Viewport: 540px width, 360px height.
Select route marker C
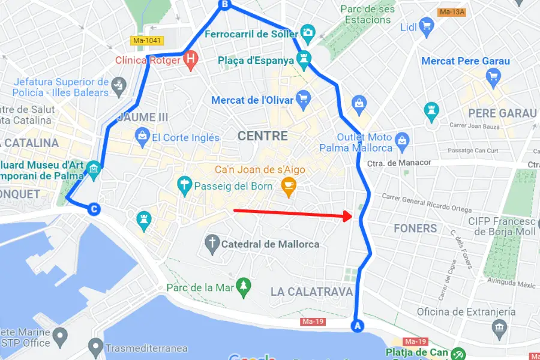click(94, 209)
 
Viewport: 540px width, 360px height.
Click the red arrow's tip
click(352, 216)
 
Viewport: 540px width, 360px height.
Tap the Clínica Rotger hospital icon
click(190, 60)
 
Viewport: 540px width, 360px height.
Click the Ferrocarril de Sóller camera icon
click(307, 32)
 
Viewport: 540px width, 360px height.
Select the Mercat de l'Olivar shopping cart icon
click(304, 98)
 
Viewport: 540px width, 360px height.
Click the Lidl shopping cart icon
click(427, 26)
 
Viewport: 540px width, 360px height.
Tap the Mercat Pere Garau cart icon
click(493, 76)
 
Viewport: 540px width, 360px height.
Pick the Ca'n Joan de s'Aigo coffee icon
click(289, 186)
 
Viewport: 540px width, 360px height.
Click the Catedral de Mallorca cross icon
click(211, 244)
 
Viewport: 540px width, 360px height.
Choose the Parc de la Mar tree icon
click(244, 287)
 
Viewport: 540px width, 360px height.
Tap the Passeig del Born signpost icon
click(184, 185)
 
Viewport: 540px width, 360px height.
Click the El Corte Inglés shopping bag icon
click(142, 136)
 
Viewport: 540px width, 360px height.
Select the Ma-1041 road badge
click(147, 41)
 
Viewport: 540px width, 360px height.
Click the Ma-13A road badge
click(452, 11)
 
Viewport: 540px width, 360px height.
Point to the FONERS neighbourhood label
click(415, 229)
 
